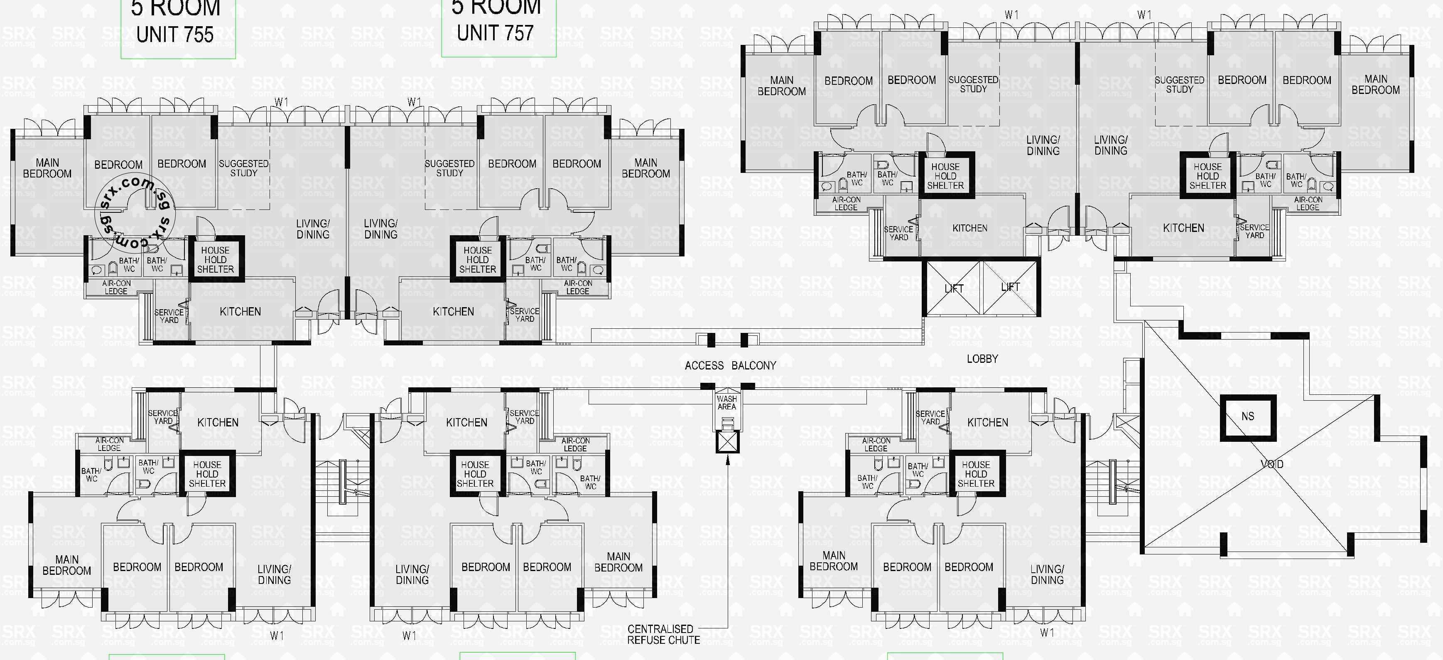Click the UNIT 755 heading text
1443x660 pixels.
[x=175, y=35]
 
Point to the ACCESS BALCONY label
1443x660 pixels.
[x=730, y=366]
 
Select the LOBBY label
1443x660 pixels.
[x=982, y=359]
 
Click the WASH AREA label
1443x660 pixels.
[x=726, y=403]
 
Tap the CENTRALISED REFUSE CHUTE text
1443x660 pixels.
[x=663, y=634]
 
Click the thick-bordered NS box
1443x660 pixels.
[x=1248, y=416]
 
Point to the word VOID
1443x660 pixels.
[x=1271, y=464]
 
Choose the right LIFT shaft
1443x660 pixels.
[x=1011, y=287]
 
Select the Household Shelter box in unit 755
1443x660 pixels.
[x=215, y=259]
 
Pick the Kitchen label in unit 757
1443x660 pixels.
[x=453, y=312]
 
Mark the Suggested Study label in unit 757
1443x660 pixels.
[x=449, y=168]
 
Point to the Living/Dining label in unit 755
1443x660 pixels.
[x=313, y=229]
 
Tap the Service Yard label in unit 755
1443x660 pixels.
[x=169, y=316]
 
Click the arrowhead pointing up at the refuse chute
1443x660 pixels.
[x=728, y=461]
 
